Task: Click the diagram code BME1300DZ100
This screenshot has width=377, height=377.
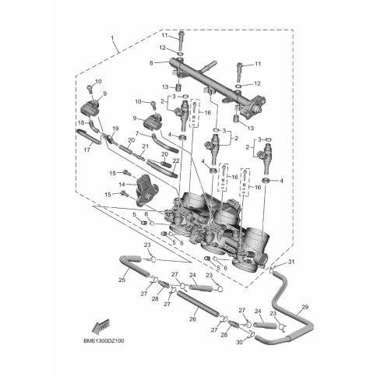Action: [104, 340]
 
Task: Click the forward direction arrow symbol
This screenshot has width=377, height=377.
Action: [100, 326]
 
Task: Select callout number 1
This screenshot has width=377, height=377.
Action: [112, 38]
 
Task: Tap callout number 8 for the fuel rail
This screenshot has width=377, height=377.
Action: [151, 62]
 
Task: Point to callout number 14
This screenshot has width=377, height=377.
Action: [122, 185]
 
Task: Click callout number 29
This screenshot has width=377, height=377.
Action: [305, 307]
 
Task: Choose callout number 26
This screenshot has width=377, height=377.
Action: [192, 319]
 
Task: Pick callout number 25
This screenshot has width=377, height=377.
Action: [122, 280]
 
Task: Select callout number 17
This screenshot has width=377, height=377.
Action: [87, 150]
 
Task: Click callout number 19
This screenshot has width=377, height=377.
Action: [115, 129]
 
